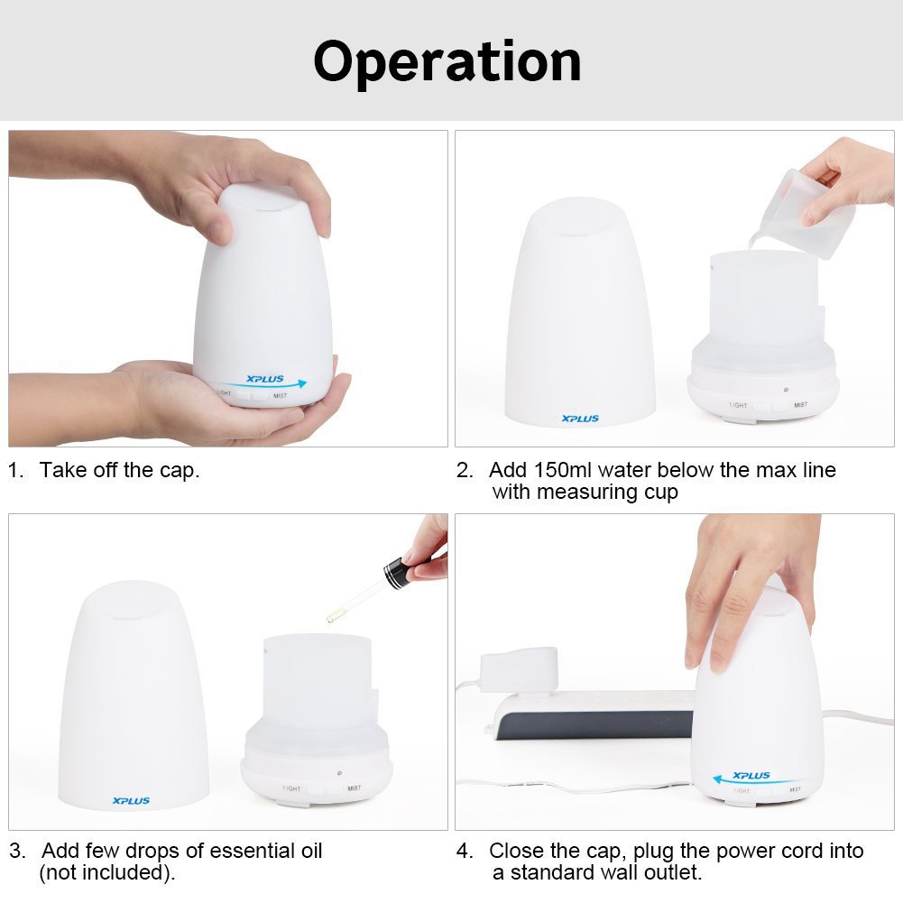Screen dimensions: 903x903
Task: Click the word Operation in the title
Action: pos(447,61)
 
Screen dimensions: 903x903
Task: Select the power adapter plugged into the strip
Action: pos(519,668)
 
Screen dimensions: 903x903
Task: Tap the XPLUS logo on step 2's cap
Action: pos(579,419)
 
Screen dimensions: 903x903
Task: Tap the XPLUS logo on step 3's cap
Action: pos(131,800)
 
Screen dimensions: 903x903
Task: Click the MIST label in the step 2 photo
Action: pos(800,405)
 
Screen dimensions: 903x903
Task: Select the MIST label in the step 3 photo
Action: pos(354,788)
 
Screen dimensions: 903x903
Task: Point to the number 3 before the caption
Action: pos(15,851)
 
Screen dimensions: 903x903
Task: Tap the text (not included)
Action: pos(106,872)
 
